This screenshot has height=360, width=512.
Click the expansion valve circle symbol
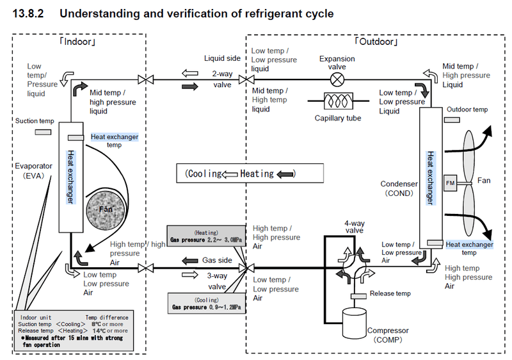click(x=337, y=79)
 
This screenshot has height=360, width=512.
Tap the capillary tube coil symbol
click(x=337, y=102)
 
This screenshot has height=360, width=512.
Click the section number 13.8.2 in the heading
click(x=29, y=13)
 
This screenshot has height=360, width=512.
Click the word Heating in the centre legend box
click(x=257, y=174)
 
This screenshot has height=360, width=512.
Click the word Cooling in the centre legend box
click(x=205, y=174)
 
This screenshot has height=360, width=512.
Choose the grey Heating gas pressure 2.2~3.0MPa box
click(x=205, y=236)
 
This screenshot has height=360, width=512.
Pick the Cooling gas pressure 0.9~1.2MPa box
click(x=205, y=303)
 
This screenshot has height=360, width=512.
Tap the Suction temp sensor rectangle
click(x=43, y=131)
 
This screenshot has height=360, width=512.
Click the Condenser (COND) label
click(x=399, y=188)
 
